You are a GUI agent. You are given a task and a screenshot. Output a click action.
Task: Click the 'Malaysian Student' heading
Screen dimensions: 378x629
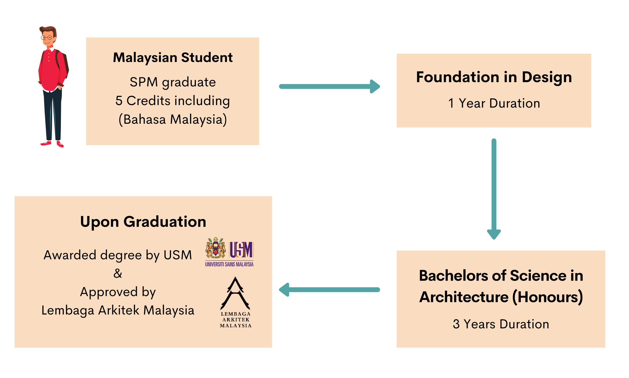coord(173,57)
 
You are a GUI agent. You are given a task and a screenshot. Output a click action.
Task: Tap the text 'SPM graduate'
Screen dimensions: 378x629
coord(173,82)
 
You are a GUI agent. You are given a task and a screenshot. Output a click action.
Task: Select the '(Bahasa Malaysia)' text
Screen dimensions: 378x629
coord(173,119)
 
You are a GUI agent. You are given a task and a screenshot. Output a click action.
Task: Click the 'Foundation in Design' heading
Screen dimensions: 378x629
coord(494,77)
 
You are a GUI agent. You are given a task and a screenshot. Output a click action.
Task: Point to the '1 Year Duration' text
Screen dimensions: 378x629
coord(494,103)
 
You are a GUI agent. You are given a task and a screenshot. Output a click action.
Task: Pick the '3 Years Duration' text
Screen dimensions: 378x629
coord(501,324)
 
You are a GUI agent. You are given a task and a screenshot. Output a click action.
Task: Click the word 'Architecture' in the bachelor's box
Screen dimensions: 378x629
coord(463,297)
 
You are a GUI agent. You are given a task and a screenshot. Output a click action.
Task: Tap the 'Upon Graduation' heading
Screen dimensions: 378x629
coord(143,222)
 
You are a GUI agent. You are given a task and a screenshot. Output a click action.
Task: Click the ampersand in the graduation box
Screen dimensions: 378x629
coord(118,274)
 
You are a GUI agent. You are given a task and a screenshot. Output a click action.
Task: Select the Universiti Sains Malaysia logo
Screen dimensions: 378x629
coord(229,252)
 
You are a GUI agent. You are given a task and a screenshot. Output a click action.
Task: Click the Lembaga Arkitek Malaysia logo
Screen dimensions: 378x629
coord(235,302)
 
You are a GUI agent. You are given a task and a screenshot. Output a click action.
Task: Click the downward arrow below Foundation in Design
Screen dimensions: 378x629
coord(494,188)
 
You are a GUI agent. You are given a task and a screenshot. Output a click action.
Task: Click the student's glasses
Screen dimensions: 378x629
coord(47,38)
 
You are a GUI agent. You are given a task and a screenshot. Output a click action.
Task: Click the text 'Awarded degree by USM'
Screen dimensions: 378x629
coord(118,255)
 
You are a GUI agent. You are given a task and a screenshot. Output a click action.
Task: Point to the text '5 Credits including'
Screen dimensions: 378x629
coord(173,101)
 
